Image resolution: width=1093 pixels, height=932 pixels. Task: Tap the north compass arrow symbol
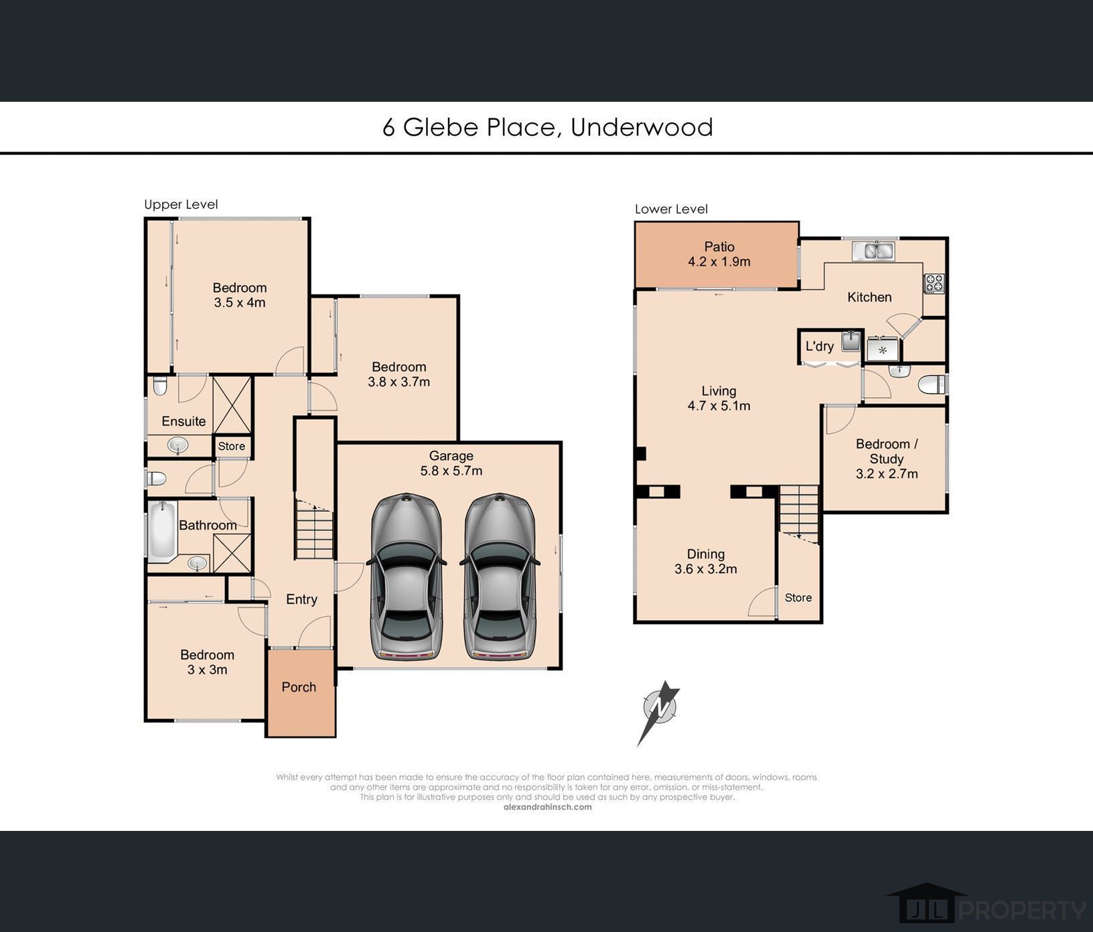tap(658, 711)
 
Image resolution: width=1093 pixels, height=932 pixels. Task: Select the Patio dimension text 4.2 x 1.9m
tap(719, 262)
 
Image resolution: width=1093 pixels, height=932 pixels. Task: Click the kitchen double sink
tap(874, 251)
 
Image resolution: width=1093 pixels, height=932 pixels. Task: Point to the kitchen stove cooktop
tap(934, 283)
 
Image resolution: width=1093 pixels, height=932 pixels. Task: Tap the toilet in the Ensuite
tap(159, 386)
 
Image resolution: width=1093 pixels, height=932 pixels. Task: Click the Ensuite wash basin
tap(177, 445)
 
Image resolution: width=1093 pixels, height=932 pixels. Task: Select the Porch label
tap(299, 687)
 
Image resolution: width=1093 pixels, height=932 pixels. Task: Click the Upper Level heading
tap(181, 204)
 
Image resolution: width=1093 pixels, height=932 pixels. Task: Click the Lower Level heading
tap(671, 209)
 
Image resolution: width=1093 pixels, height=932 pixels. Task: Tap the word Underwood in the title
tap(642, 127)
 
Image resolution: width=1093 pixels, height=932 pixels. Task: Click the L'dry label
tap(819, 346)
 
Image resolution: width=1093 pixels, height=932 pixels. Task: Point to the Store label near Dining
tap(798, 598)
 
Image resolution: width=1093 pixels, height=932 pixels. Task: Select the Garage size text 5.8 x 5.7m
tap(451, 471)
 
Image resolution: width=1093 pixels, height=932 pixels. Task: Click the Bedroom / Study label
tap(886, 451)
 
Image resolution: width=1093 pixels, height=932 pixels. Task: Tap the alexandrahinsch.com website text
tap(547, 807)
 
